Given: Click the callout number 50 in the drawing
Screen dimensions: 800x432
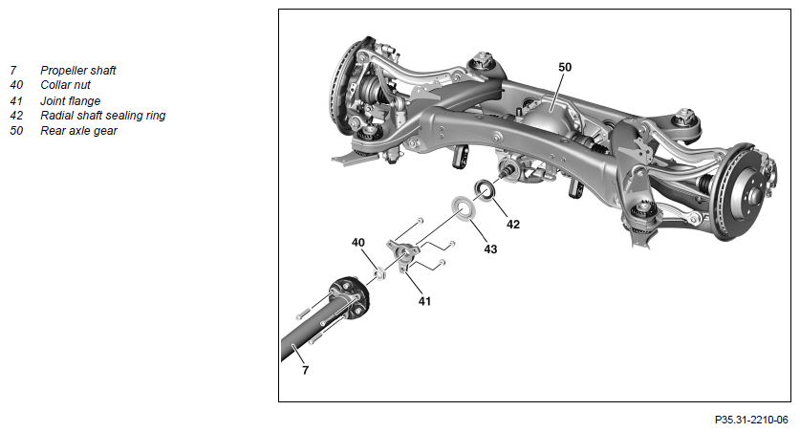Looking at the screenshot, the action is tap(565, 67).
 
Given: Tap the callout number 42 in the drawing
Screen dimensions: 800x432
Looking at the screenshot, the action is tap(512, 224).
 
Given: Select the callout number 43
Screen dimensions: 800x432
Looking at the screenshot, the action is tap(490, 248).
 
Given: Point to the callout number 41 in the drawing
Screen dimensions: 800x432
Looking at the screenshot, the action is tap(424, 301).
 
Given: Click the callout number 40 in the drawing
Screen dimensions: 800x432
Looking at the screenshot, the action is tap(358, 242).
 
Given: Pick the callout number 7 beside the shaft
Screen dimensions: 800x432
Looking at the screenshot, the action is tap(305, 370).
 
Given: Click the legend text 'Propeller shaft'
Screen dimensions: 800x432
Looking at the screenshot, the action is tap(78, 71).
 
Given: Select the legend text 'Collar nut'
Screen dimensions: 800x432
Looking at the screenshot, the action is tap(65, 85).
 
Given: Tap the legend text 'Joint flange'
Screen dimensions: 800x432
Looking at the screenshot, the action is tap(71, 101).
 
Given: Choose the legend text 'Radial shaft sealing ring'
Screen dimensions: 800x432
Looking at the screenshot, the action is tap(103, 116).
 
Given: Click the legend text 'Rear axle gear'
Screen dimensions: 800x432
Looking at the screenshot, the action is tap(78, 131).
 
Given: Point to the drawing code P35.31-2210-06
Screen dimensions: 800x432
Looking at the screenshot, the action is tap(751, 421).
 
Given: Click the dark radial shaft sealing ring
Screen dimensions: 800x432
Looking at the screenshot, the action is tap(485, 190).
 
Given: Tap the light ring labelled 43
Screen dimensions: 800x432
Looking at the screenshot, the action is tap(463, 208).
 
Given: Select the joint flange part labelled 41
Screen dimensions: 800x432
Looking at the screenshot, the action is tap(403, 252).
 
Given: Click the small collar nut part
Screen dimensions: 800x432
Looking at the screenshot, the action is tap(379, 274).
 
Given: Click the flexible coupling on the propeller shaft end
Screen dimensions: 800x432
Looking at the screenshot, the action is tap(350, 298).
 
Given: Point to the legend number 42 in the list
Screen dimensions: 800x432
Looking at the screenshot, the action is tap(16, 116).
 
